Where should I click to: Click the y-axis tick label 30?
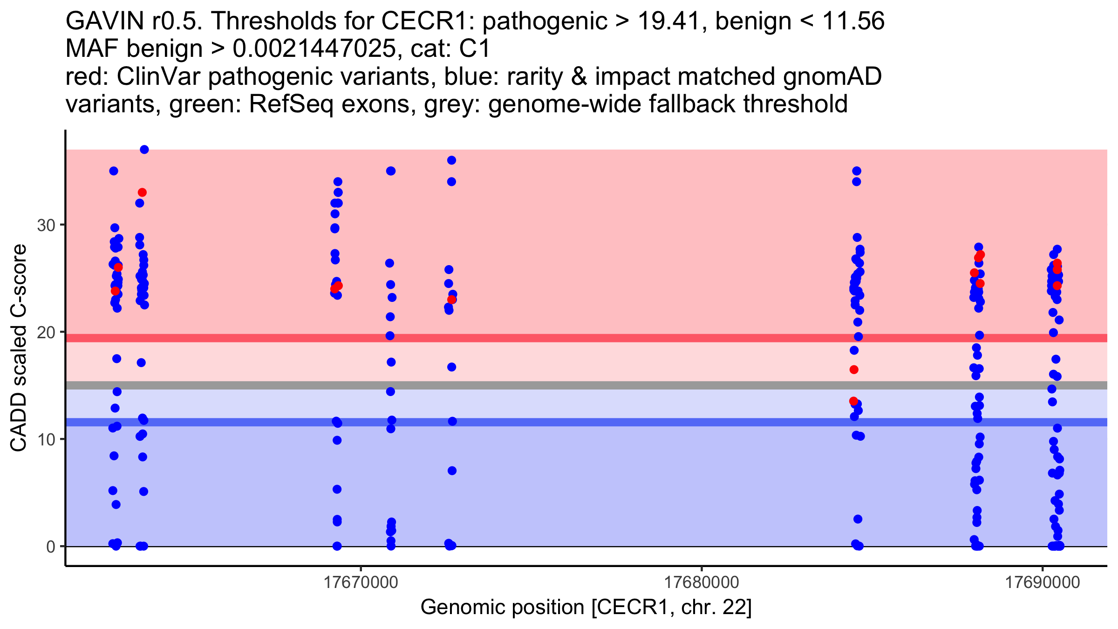[46, 226]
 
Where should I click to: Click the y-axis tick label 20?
[46, 333]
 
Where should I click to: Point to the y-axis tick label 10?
[46, 439]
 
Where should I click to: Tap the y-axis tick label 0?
[50, 547]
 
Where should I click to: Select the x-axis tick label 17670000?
[361, 582]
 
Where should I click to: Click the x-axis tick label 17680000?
[702, 582]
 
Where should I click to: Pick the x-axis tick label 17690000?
[1043, 582]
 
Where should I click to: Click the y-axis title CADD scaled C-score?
[19, 349]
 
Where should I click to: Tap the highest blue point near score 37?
[144, 150]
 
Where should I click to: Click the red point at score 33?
[142, 192]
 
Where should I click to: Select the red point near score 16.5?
[854, 369]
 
